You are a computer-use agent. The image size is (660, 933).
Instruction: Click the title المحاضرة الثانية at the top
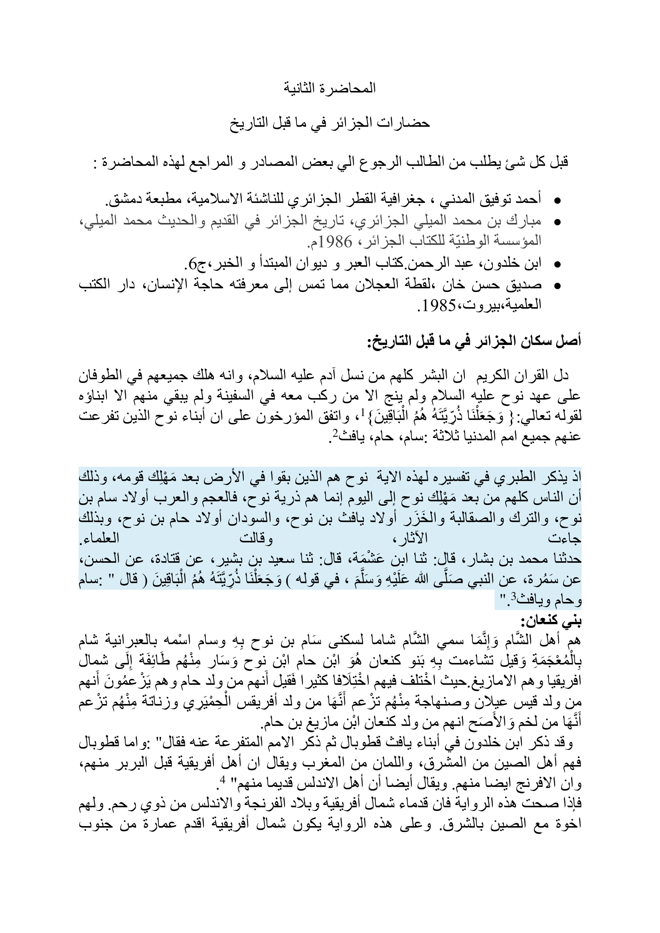tap(330, 88)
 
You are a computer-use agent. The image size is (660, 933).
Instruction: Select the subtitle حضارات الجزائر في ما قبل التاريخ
tap(330, 123)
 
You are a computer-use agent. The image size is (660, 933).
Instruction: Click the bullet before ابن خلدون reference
tap(557, 264)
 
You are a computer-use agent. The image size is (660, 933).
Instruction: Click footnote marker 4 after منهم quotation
tap(222, 780)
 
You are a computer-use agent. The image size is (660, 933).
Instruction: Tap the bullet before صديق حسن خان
tap(557, 286)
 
